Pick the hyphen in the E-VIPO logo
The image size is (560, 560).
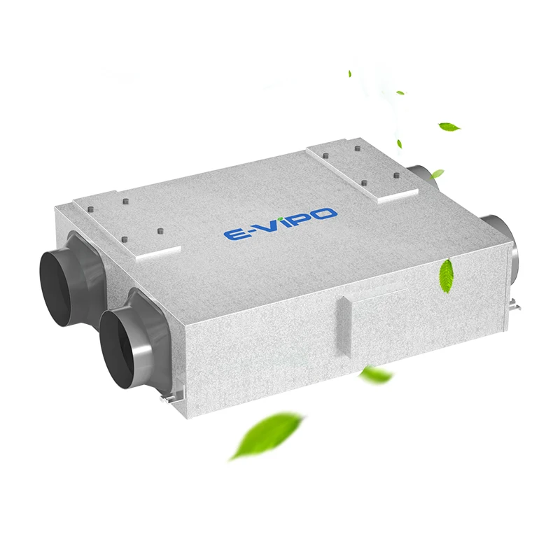coord(249,230)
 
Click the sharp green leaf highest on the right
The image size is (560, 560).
coord(449,127)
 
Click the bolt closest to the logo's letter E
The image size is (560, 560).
coord(160,231)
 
